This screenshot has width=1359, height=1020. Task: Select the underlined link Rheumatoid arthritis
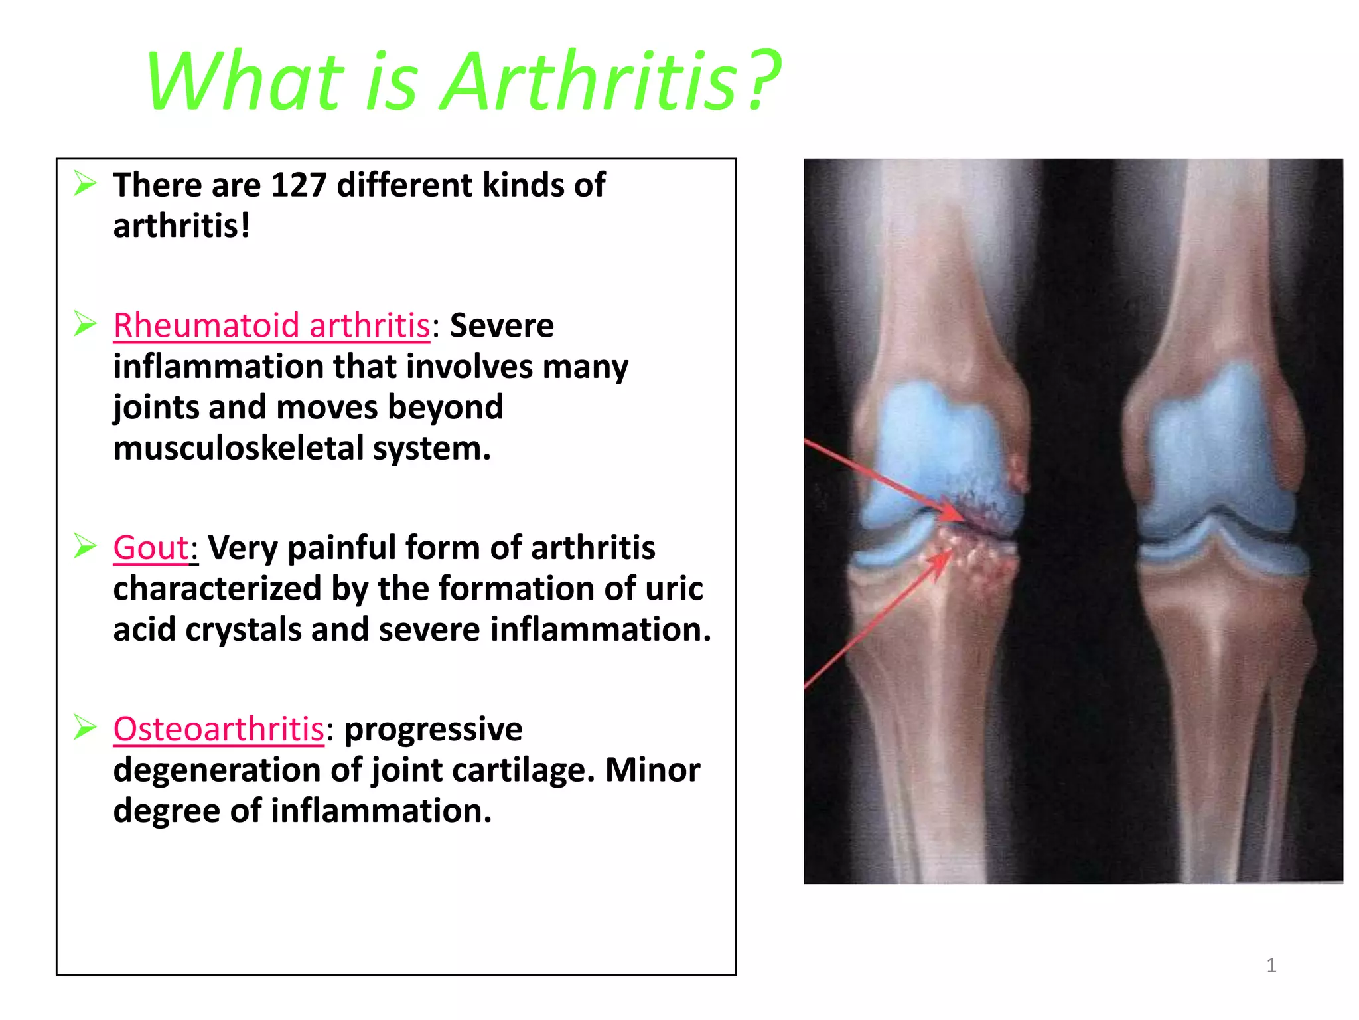(x=272, y=326)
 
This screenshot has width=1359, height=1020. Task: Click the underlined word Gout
(x=151, y=549)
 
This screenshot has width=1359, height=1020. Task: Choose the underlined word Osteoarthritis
(x=219, y=729)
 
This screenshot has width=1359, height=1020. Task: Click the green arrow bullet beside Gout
(x=85, y=546)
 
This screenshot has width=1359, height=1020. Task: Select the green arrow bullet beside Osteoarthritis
(x=85, y=727)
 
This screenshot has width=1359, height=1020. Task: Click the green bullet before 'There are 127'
(x=85, y=183)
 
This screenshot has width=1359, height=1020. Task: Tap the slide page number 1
(x=1271, y=965)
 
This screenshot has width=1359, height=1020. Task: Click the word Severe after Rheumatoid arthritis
(x=502, y=326)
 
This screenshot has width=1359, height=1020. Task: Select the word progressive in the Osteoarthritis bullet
(x=433, y=729)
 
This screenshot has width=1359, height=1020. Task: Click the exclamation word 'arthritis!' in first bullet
(x=181, y=226)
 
